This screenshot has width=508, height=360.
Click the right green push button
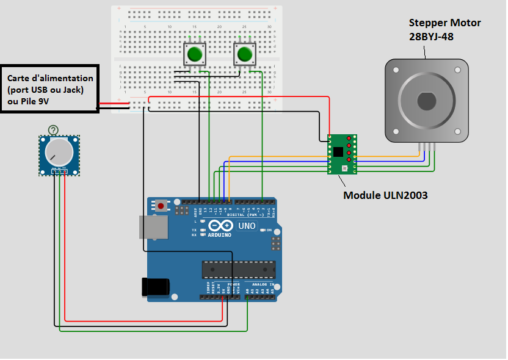pos(245,54)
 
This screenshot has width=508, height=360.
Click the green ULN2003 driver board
pos(342,154)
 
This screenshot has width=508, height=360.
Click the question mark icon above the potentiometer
pos(54,129)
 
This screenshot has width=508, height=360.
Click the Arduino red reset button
pos(161,206)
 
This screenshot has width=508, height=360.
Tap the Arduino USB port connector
pos(153,227)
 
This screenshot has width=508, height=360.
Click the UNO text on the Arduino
pos(246,226)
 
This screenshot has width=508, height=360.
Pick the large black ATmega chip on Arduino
pos(238,269)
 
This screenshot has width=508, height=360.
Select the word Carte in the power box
pos(19,78)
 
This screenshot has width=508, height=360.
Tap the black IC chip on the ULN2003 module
pos(337,152)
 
